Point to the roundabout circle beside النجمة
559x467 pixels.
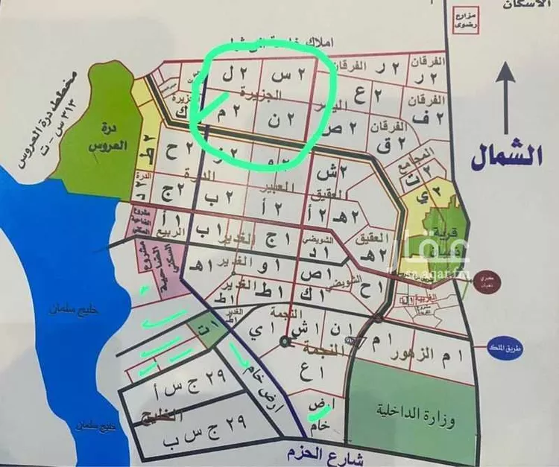[x=285, y=341]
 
